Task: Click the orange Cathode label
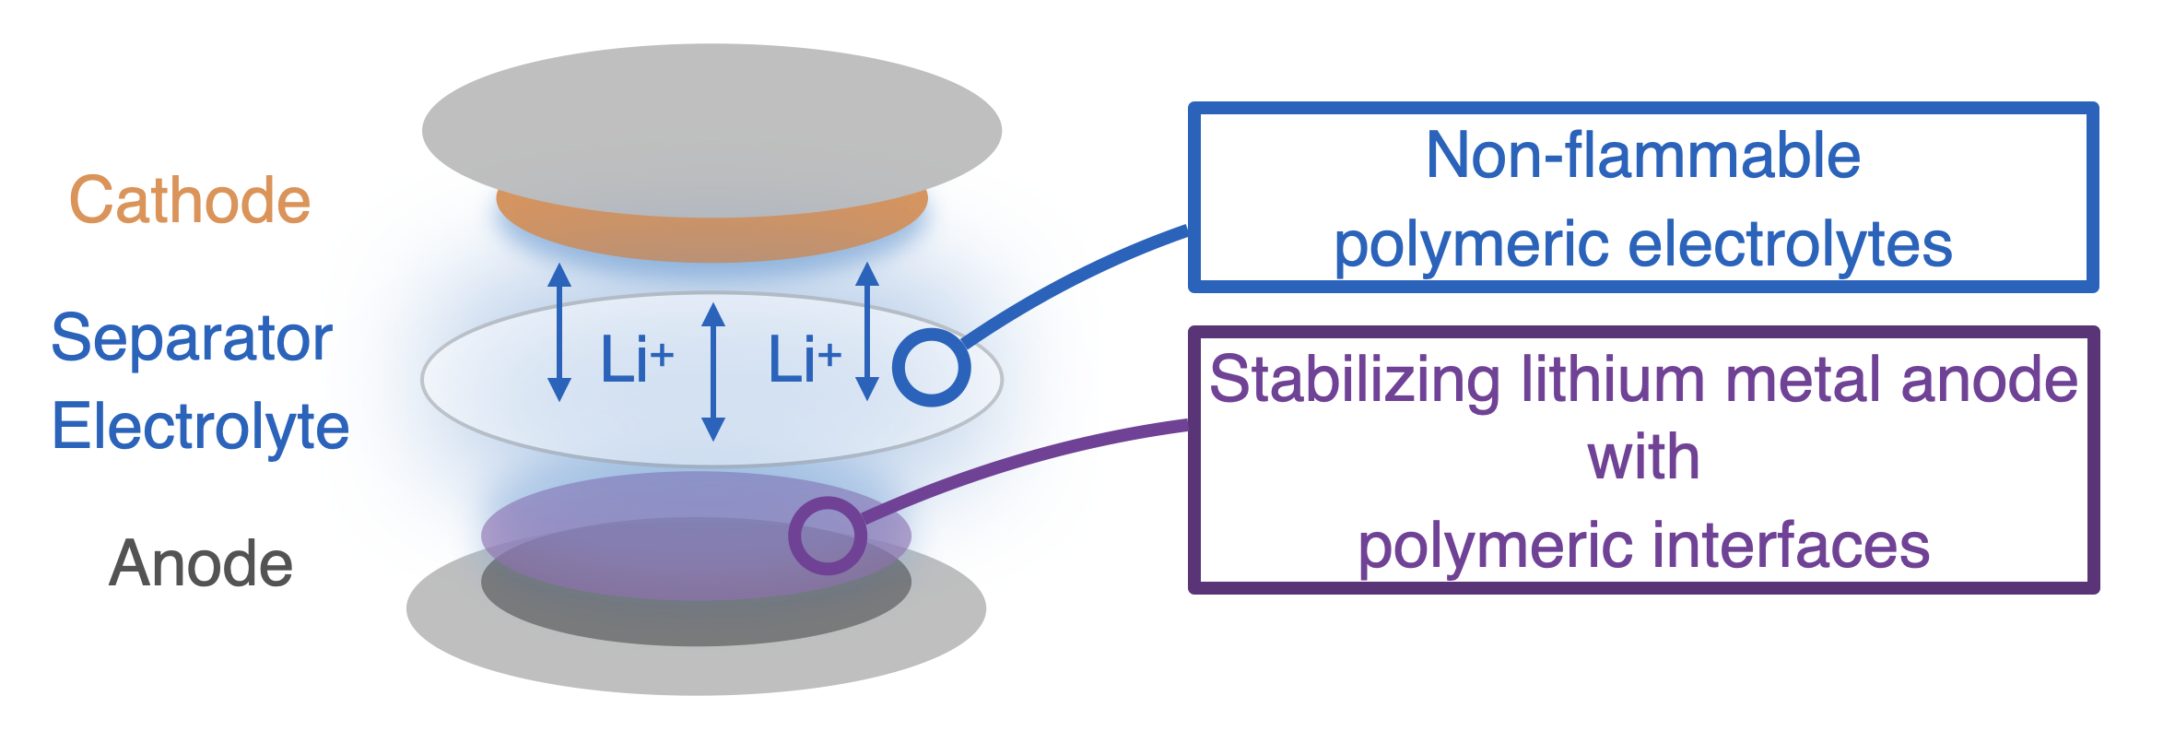[190, 200]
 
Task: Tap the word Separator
[192, 338]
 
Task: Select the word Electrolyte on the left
[200, 427]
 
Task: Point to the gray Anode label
[201, 563]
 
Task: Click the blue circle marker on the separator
[931, 367]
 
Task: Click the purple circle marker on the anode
[827, 536]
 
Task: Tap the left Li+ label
[636, 360]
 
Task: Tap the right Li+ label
[804, 360]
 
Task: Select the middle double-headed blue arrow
[712, 371]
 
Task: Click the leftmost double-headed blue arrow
[559, 332]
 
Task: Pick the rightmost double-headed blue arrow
[866, 332]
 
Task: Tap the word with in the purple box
[1642, 457]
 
